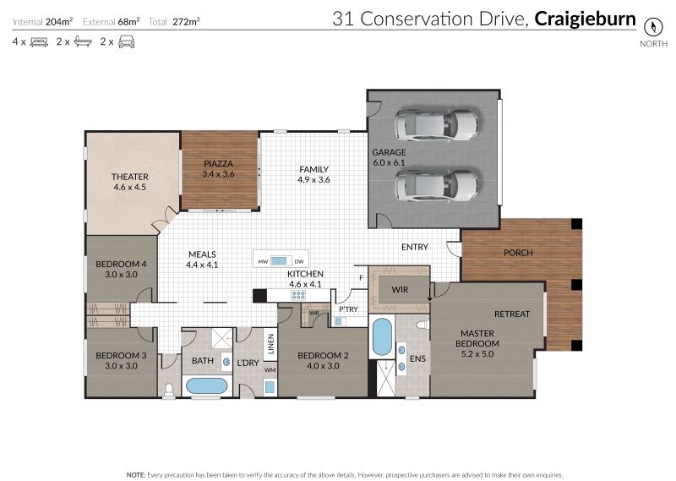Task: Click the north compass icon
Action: [652, 27]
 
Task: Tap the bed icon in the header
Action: [39, 42]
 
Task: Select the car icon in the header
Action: [126, 42]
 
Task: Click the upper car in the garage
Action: [436, 124]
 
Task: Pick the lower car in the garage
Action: [436, 185]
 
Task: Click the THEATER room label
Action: [130, 177]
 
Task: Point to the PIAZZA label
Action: [218, 164]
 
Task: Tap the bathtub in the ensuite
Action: [382, 337]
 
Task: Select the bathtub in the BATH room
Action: [206, 386]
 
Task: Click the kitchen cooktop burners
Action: [298, 296]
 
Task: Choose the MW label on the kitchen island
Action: [263, 262]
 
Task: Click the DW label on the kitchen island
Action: [299, 262]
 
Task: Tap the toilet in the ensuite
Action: [423, 324]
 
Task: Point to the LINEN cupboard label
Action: [270, 344]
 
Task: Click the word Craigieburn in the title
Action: [585, 19]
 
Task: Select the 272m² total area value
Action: [186, 22]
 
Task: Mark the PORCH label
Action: [518, 253]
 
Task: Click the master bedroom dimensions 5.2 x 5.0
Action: [477, 354]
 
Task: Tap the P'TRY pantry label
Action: [348, 309]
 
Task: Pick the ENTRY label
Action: [415, 247]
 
